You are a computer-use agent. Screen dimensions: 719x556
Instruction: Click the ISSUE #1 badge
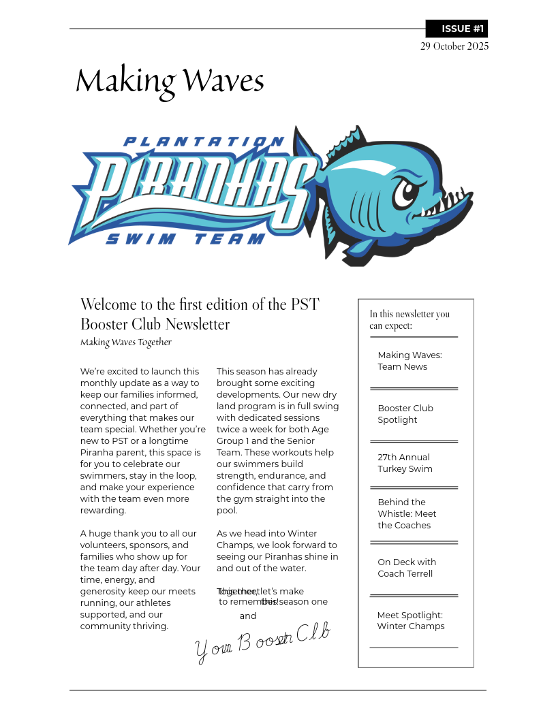coord(457,29)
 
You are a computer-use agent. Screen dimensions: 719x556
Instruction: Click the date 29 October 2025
coord(454,46)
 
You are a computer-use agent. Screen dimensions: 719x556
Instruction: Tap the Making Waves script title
coord(170,81)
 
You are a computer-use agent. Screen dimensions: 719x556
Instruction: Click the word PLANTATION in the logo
coord(204,142)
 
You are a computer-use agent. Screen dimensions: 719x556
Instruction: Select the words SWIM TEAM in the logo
coord(185,239)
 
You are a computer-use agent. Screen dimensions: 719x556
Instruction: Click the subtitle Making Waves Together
coord(126,342)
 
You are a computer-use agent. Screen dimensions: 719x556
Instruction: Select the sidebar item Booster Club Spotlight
coord(405,414)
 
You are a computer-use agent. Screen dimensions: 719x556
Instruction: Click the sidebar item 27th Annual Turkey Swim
coord(405,463)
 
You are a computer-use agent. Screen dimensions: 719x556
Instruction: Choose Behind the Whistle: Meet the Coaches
coord(407,513)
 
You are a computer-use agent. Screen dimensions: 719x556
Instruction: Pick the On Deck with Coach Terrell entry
coord(407,568)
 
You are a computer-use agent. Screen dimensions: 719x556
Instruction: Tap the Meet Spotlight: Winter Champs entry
coord(410,620)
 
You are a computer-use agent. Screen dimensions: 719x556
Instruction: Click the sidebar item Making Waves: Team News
coord(410,361)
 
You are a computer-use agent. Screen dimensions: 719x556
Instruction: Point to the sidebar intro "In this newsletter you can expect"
coord(410,319)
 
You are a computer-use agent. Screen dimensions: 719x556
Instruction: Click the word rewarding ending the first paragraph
coord(103,511)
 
